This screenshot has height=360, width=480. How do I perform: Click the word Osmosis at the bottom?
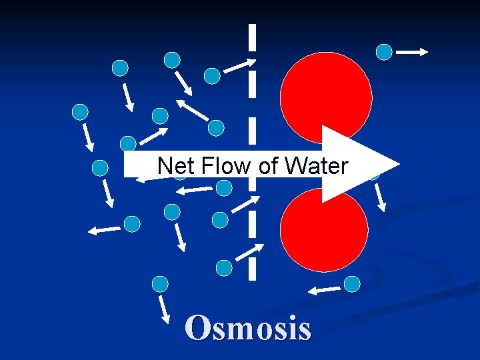click(249, 329)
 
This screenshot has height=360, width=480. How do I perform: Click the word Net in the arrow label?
click(175, 165)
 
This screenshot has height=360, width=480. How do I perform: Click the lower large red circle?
click(324, 230)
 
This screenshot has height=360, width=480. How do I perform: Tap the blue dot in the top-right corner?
click(384, 52)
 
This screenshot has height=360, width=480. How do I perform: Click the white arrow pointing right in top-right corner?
click(412, 51)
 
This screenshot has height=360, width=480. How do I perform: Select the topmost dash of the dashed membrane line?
click(252, 37)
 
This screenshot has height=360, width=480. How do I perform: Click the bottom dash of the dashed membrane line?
click(252, 268)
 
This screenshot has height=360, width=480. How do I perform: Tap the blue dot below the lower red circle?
click(352, 284)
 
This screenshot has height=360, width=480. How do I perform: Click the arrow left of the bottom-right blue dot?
click(325, 289)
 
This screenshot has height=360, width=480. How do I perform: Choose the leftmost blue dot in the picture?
click(80, 112)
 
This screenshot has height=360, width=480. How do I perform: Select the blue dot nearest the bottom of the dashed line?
click(225, 268)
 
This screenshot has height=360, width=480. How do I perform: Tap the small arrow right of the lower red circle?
click(379, 197)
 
